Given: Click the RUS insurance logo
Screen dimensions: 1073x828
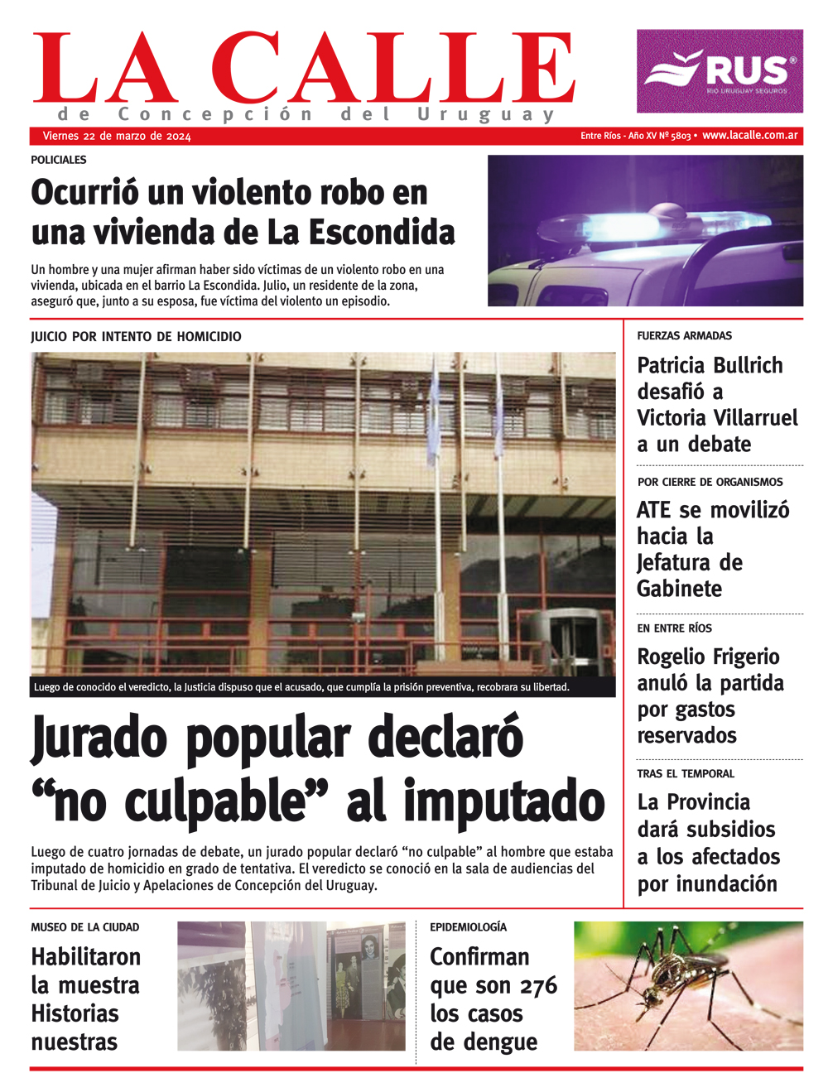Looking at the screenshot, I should (x=720, y=71).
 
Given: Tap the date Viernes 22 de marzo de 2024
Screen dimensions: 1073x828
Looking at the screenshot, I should (x=116, y=137).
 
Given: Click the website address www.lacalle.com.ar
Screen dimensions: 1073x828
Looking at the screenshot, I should (x=749, y=136).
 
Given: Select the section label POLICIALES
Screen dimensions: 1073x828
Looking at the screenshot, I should (x=59, y=160).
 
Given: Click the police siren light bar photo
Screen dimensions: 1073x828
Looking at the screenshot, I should (x=645, y=230).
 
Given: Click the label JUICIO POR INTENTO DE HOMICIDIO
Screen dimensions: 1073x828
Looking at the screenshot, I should (x=136, y=337).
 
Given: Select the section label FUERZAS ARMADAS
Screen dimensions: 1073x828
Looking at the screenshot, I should (x=684, y=336).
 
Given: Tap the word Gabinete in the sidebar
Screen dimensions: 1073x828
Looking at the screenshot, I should (x=679, y=589).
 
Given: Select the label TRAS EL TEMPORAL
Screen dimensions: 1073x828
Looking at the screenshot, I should (x=686, y=774).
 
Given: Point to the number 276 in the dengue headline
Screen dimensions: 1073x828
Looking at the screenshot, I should (x=539, y=985).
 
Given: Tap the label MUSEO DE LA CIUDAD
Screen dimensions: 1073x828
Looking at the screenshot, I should (x=85, y=927).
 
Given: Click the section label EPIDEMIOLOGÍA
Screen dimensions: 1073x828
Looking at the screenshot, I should (x=468, y=927).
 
